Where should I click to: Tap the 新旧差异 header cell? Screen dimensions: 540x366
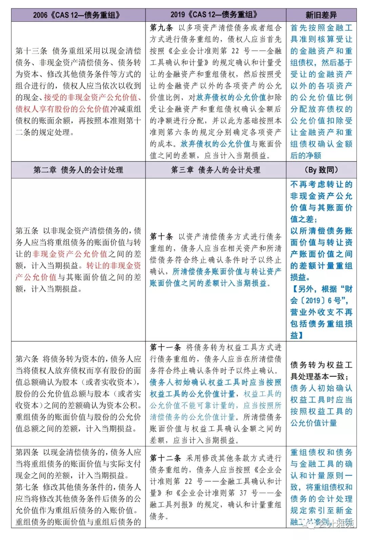click(x=321, y=15)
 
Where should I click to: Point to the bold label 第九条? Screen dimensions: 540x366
click(x=161, y=28)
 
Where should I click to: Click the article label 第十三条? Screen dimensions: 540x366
click(x=31, y=51)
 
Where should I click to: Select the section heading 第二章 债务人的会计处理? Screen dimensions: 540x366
click(x=78, y=170)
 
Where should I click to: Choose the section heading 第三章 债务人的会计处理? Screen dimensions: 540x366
click(x=216, y=170)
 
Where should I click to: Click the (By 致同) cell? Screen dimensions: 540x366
click(x=321, y=170)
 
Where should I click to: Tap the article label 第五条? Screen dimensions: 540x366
click(x=27, y=231)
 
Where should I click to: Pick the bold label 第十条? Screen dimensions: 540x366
click(x=161, y=237)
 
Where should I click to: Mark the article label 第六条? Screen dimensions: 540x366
click(x=27, y=359)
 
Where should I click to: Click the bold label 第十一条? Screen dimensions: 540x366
click(x=165, y=347)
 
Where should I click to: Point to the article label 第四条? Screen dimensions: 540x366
click(x=27, y=452)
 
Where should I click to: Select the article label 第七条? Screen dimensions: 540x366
click(x=27, y=487)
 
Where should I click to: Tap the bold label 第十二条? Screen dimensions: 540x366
click(x=165, y=458)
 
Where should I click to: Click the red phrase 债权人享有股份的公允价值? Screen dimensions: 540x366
click(x=62, y=109)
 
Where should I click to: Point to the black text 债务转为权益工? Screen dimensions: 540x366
click(x=321, y=365)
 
